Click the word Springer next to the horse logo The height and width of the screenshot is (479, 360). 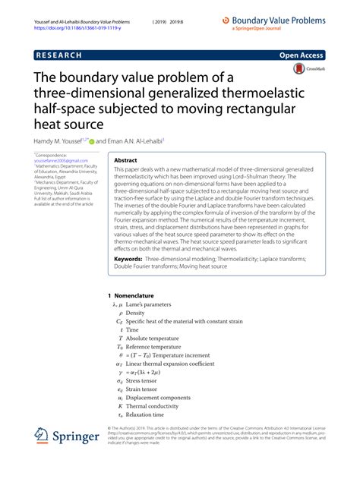click(77, 437)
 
